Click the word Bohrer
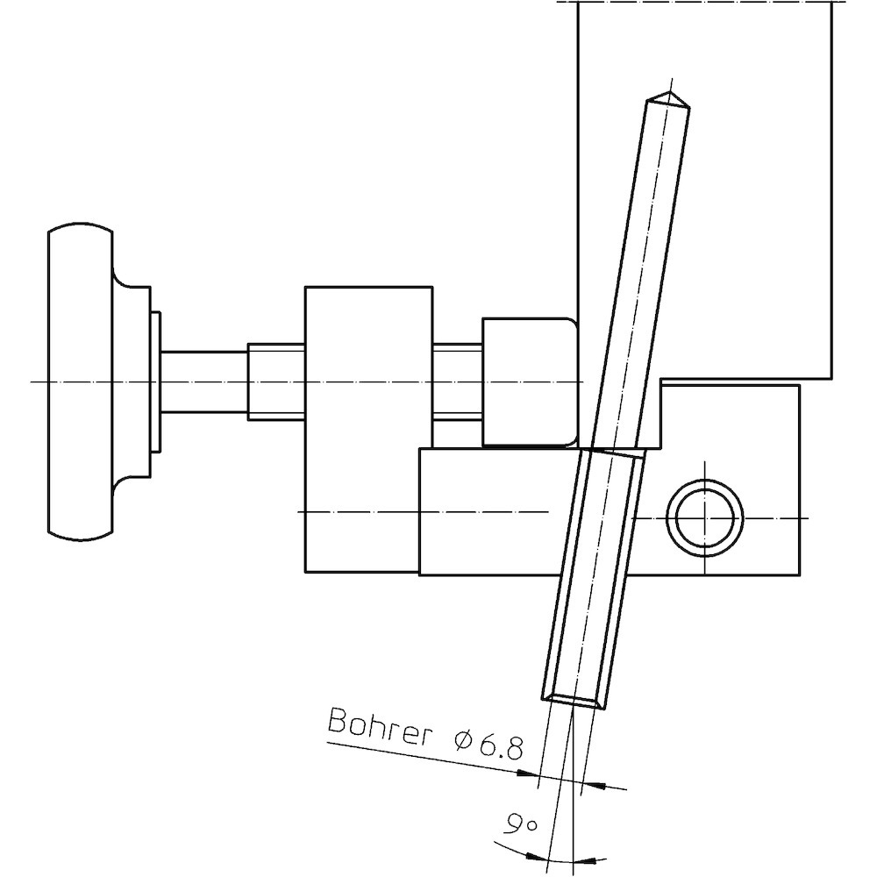377,727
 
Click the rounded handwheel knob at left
81,381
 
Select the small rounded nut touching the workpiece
529,381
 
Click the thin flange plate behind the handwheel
155,381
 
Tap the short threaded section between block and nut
457,381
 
